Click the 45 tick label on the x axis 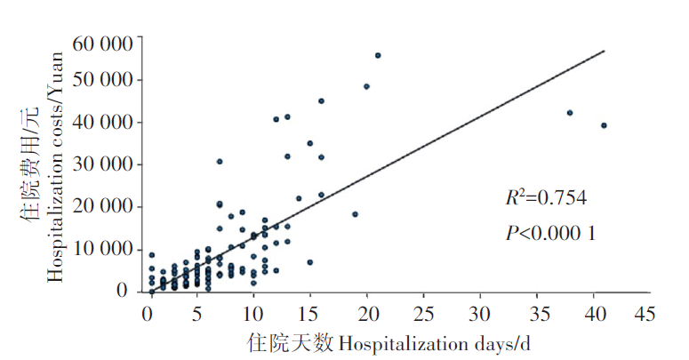click(x=642, y=314)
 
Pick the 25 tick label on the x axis click(x=423, y=314)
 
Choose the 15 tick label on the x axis click(x=310, y=314)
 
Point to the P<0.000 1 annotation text click(x=549, y=233)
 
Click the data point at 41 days click(x=604, y=125)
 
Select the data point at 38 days click(x=570, y=113)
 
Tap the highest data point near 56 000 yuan click(x=377, y=55)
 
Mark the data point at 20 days click(x=366, y=86)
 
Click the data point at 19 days click(x=355, y=214)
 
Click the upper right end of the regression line click(x=605, y=51)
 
